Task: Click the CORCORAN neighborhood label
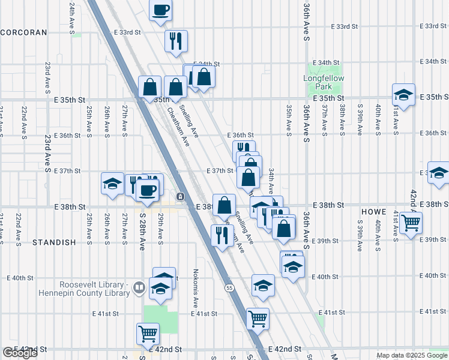click(x=23, y=33)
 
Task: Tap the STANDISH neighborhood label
click(x=54, y=242)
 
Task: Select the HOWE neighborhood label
click(x=373, y=212)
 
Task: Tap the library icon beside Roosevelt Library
click(x=139, y=288)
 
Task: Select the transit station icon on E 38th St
click(x=180, y=196)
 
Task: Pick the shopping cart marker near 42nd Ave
click(x=411, y=223)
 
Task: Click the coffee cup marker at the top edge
click(x=160, y=10)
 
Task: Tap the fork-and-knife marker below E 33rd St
click(x=176, y=41)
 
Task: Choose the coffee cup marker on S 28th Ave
click(x=147, y=190)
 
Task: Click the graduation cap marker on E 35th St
click(x=403, y=94)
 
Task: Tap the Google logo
click(x=19, y=353)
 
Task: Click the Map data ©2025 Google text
click(x=411, y=355)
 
